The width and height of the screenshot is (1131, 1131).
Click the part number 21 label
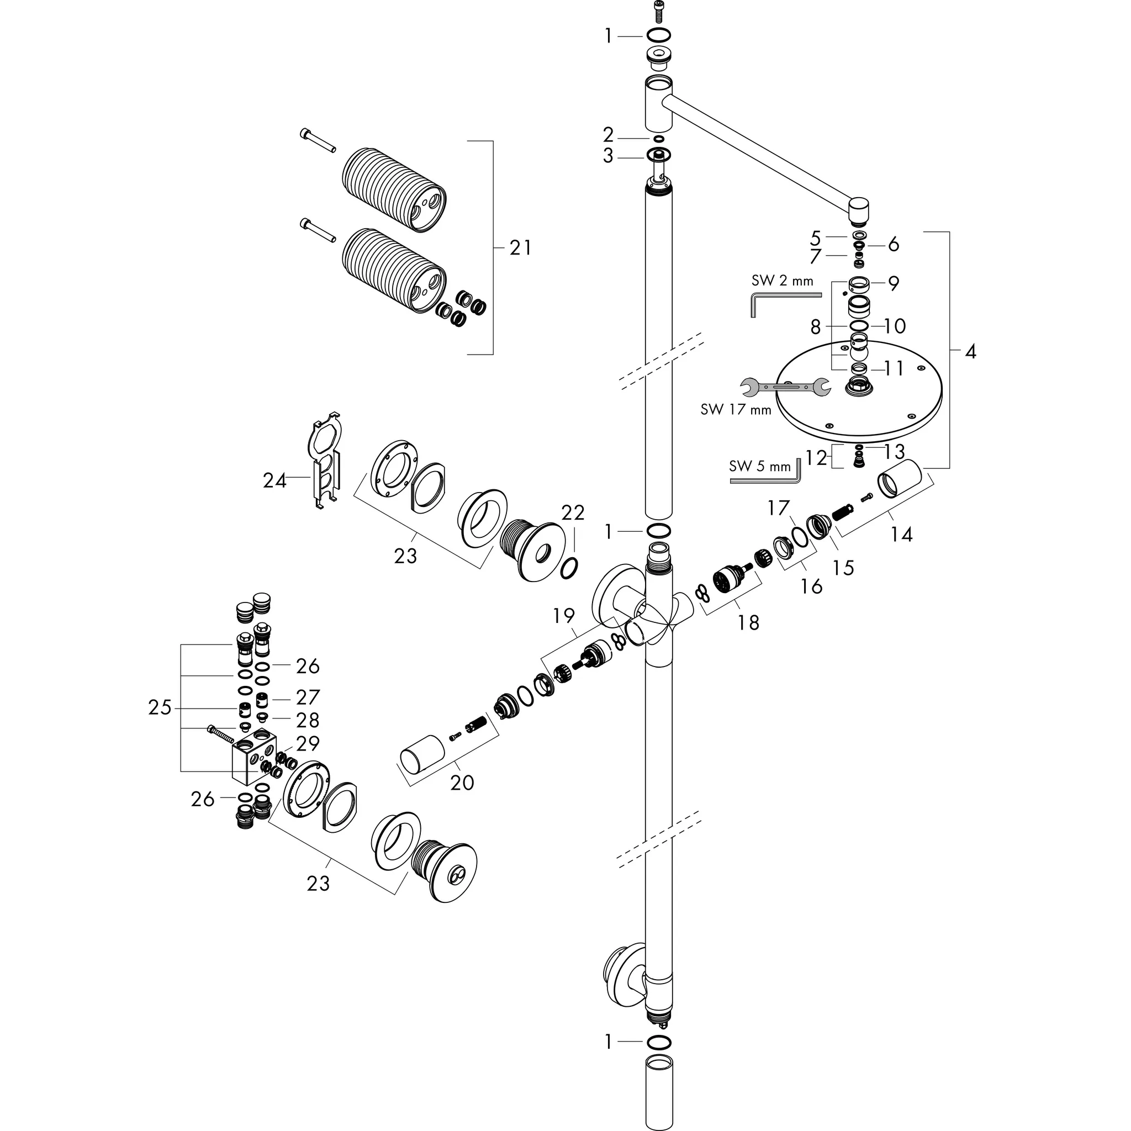click(520, 248)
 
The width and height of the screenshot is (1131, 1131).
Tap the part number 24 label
click(274, 480)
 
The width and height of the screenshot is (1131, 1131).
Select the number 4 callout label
click(970, 352)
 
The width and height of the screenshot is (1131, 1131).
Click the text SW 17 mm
click(736, 409)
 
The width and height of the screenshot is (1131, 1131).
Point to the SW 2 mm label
click(782, 281)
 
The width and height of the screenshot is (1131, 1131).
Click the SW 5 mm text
click(760, 467)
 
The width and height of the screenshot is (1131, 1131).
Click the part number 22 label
click(573, 513)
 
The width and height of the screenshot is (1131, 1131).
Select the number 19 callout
click(564, 615)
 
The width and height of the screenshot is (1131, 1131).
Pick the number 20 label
click(462, 783)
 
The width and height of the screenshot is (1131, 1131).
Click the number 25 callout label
click(160, 708)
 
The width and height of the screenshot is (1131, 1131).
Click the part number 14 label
click(901, 534)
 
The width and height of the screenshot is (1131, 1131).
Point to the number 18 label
click(748, 622)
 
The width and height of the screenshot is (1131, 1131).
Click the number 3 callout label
click(608, 156)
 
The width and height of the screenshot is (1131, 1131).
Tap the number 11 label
click(894, 368)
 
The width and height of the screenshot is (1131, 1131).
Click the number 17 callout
click(779, 508)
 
